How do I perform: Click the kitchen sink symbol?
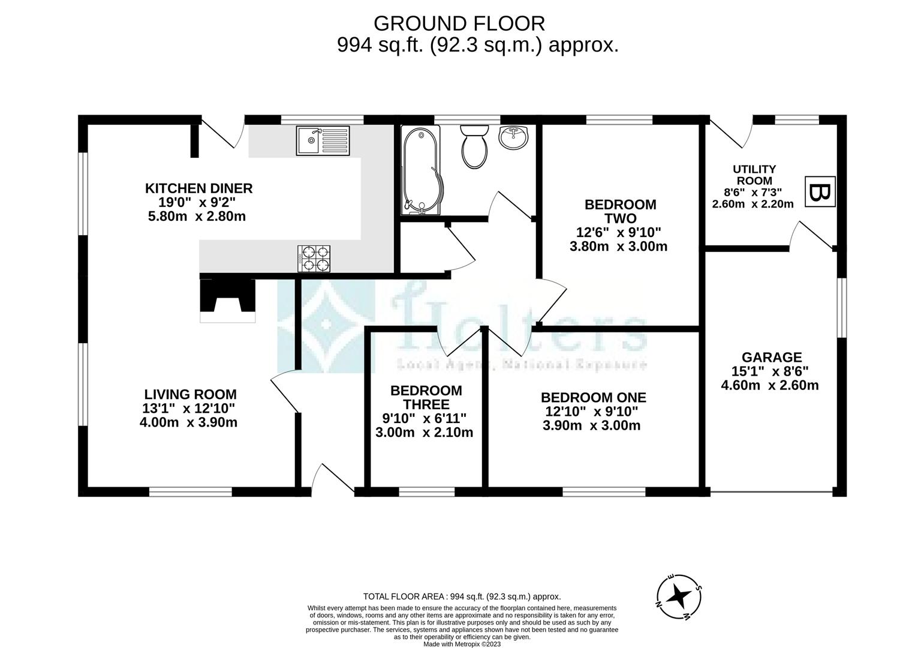[323, 141]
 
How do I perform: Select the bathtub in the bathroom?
[421, 170]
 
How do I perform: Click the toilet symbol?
[474, 148]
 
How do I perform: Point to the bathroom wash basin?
[513, 137]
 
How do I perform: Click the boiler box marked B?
[819, 193]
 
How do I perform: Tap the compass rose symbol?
[679, 597]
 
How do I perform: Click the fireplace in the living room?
[227, 300]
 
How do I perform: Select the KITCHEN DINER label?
[198, 188]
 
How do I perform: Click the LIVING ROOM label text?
[190, 395]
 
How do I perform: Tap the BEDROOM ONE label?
[593, 398]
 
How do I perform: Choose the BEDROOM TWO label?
[620, 211]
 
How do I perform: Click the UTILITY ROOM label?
[754, 175]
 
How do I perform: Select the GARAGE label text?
[770, 358]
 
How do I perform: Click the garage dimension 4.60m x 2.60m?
[769, 385]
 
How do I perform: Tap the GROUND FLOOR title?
[459, 23]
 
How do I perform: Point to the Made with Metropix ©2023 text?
[462, 644]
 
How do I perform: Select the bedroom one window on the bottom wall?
[603, 492]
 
